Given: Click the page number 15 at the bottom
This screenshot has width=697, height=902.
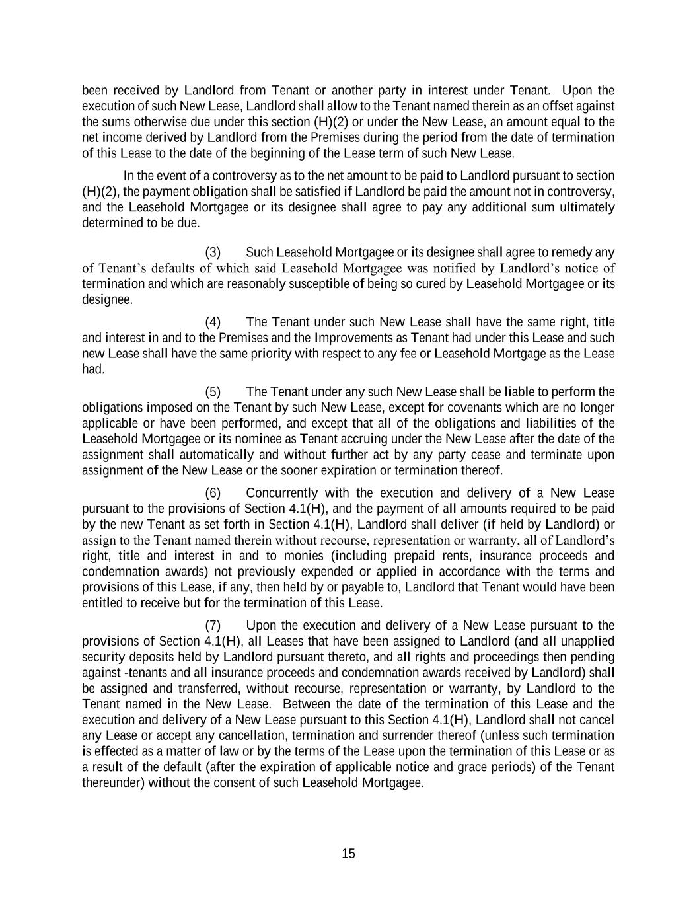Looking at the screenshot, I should (348, 853).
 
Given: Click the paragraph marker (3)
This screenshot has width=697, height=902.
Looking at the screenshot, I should (213, 252).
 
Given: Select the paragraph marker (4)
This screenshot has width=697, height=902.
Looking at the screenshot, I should (213, 322).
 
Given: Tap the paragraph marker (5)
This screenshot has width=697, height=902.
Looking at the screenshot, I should (213, 392).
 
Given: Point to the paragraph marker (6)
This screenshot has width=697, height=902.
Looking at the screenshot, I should (213, 493).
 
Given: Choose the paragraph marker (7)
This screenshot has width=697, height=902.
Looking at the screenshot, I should (213, 625).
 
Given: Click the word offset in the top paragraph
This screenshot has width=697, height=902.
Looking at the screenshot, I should (554, 106).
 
